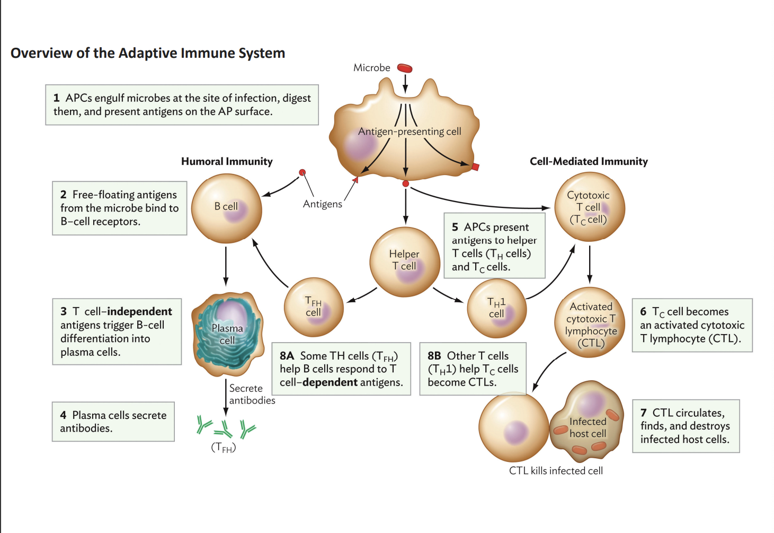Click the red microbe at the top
point(405,68)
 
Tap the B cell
point(227,208)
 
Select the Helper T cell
point(405,261)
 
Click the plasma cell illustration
point(228,334)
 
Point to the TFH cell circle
point(314,308)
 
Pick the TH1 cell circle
point(496,308)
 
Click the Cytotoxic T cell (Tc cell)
point(589,207)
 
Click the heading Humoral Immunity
point(227,161)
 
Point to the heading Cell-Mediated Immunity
point(589,161)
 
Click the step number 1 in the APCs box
point(56,98)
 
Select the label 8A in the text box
point(287,356)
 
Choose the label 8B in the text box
point(434,356)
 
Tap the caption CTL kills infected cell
point(556,470)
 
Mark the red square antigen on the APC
point(475,167)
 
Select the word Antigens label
point(322,204)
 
